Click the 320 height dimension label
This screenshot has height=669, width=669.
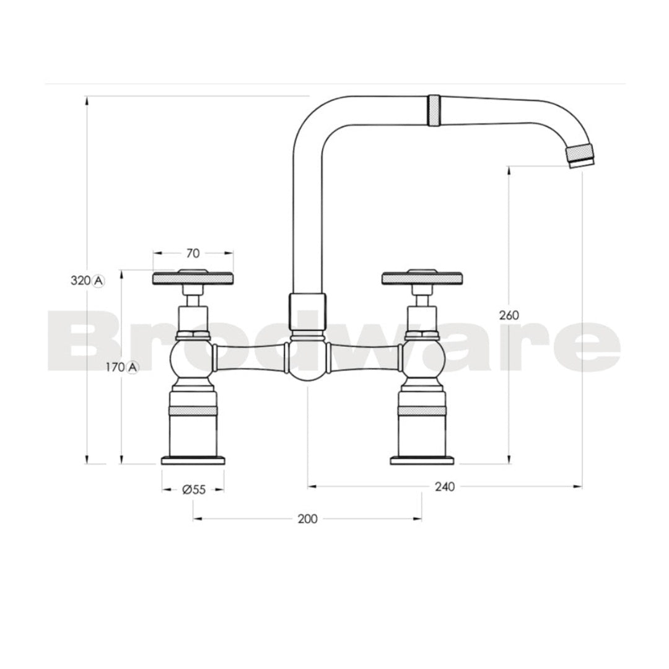[x=80, y=280]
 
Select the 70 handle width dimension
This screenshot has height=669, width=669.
[x=193, y=253]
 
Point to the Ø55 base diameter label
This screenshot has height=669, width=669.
[x=193, y=489]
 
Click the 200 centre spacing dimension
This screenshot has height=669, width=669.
[x=307, y=518]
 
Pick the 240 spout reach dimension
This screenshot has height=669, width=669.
[x=444, y=486]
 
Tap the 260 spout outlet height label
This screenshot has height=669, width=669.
[x=509, y=315]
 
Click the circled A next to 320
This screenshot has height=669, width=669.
[x=98, y=280]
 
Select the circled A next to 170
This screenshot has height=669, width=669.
[x=133, y=367]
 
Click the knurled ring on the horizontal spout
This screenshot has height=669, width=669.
[x=434, y=110]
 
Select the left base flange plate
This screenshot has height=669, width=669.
[x=193, y=460]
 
